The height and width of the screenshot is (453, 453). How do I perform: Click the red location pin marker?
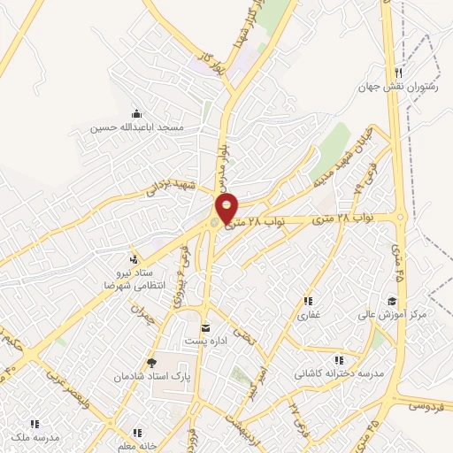227,208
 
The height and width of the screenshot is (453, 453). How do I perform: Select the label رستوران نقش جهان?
398,88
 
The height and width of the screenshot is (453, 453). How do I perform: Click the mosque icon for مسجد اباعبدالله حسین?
136,113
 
